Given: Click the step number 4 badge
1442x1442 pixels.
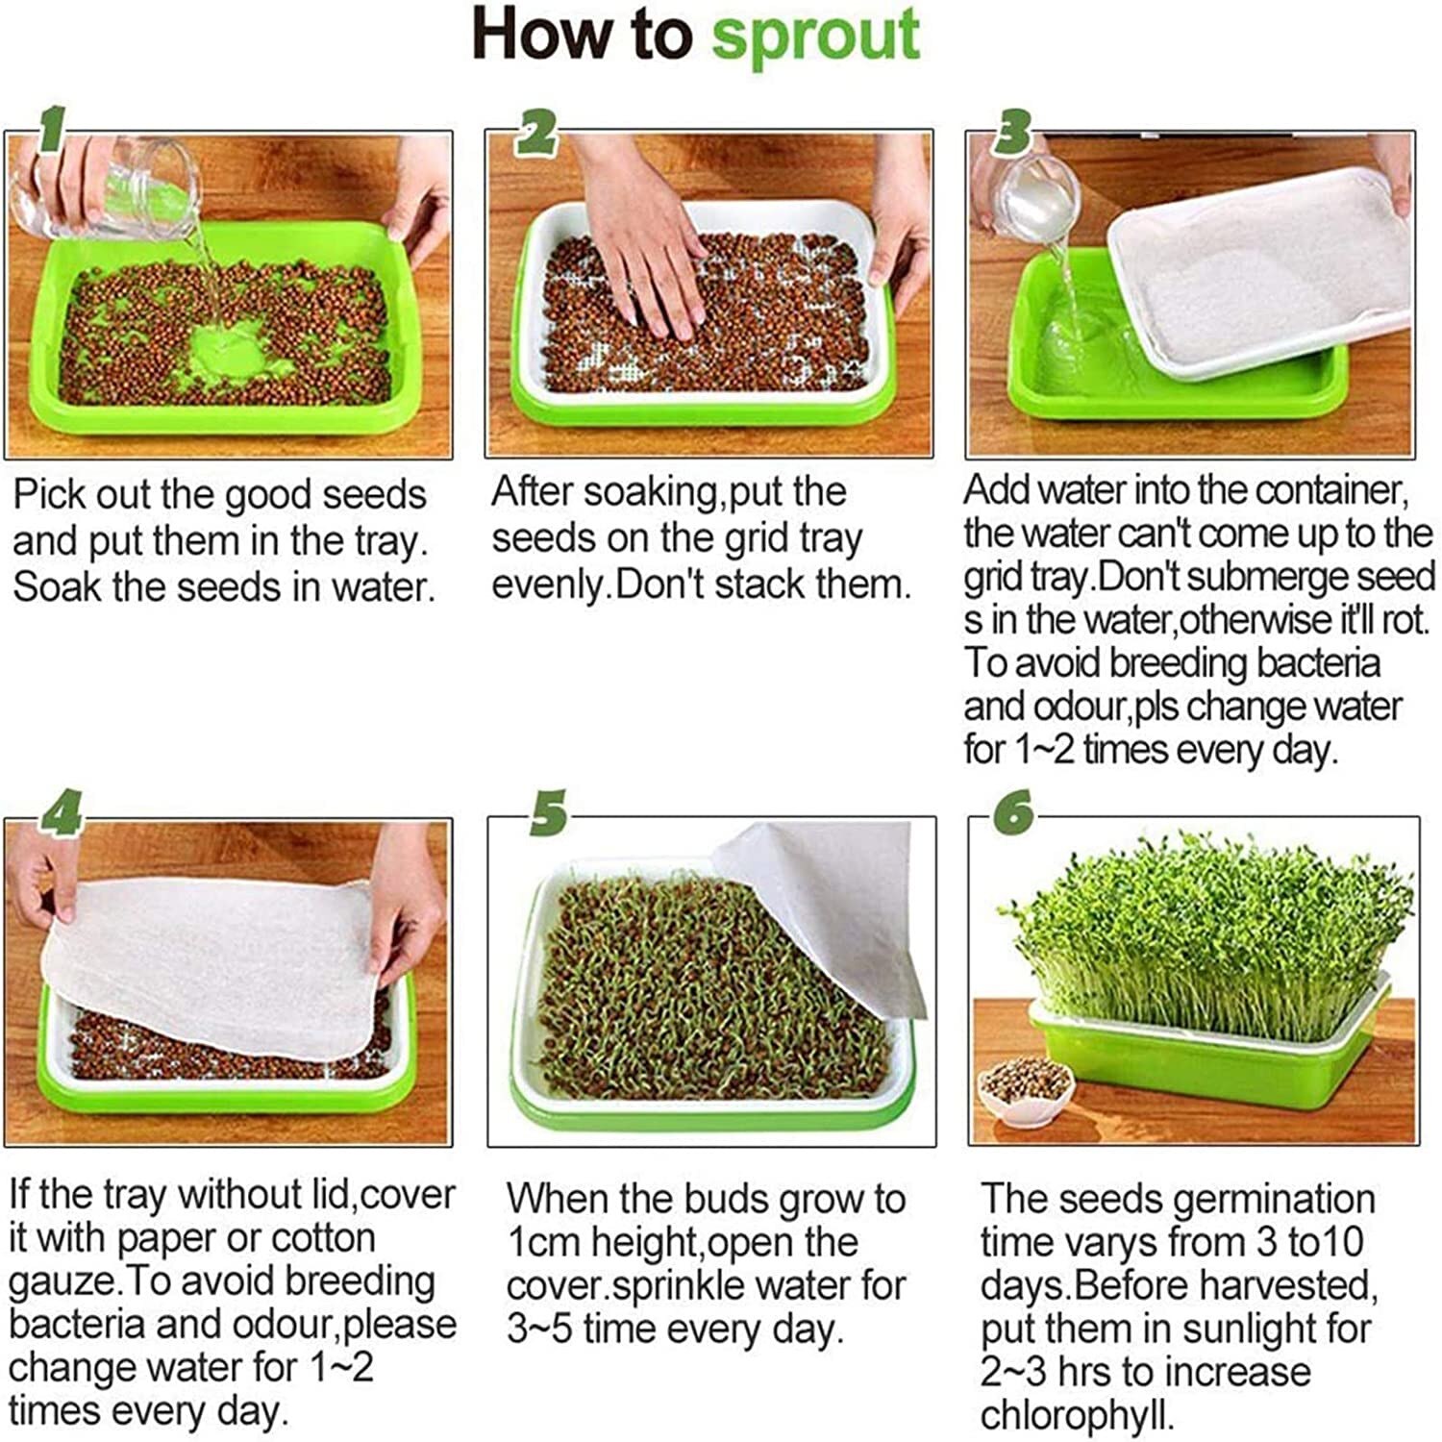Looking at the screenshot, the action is click(60, 815).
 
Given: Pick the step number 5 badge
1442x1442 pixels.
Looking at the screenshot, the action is click(548, 815).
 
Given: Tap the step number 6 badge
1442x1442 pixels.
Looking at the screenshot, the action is click(1014, 815).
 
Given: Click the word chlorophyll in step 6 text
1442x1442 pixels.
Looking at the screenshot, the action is click(1078, 1415).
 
